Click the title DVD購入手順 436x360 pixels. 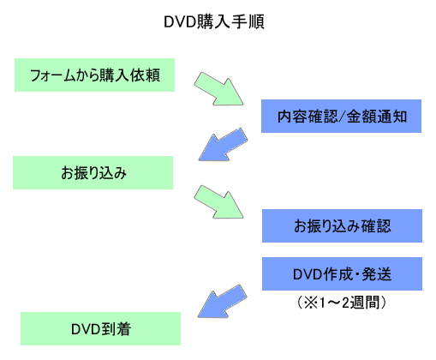click(x=214, y=21)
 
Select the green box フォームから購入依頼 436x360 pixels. click(x=94, y=75)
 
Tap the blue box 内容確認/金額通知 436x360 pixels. click(x=341, y=116)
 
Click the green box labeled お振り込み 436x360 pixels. click(x=93, y=172)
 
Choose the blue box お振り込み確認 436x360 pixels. click(x=342, y=225)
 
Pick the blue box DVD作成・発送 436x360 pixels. click(x=342, y=273)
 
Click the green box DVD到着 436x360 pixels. click(x=100, y=328)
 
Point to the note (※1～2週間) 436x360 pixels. click(x=342, y=303)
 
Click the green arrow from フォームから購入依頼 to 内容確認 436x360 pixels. click(x=219, y=89)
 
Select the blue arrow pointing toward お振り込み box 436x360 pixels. click(x=223, y=145)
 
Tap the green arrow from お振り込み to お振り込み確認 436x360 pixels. click(x=219, y=202)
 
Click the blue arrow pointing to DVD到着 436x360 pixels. click(x=222, y=302)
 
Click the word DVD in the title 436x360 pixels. click(x=180, y=22)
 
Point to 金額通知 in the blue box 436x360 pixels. click(x=377, y=117)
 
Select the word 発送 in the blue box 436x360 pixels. click(x=377, y=274)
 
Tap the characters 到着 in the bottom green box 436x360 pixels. click(x=116, y=329)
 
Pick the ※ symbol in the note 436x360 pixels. click(x=311, y=303)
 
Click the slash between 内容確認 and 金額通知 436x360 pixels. click(x=342, y=117)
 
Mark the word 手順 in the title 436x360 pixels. click(x=248, y=21)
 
